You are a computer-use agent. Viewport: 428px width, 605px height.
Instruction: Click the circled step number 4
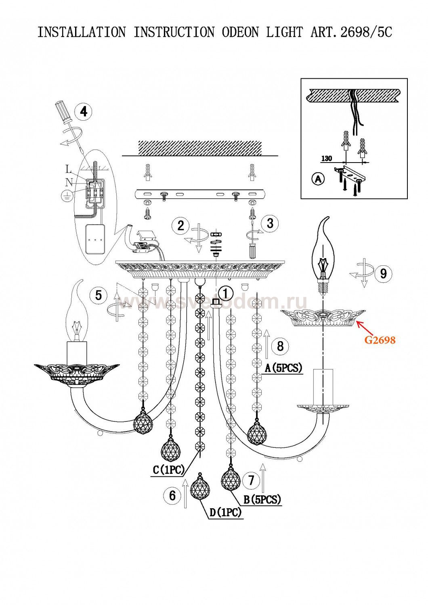point(83,111)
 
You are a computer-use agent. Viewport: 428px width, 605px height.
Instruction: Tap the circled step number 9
point(383,274)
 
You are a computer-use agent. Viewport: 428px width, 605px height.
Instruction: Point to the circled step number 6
point(172,495)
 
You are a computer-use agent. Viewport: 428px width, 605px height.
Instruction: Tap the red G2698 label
point(380,340)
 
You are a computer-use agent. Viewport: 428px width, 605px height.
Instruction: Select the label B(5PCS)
point(262,500)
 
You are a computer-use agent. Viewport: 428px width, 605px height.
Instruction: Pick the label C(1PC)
point(169,470)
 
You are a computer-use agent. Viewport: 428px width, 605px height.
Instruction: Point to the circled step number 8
point(280,346)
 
